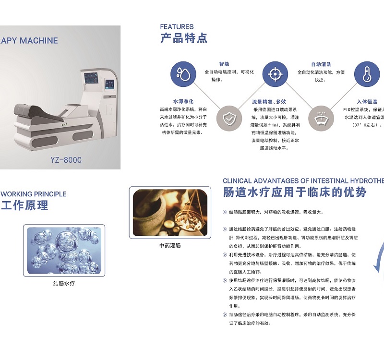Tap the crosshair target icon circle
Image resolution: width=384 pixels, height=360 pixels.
pyautogui.click(x=274, y=74)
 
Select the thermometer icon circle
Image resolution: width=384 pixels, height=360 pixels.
pyautogui.click(x=367, y=74)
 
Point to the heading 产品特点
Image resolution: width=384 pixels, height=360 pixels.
pyautogui.click(x=184, y=38)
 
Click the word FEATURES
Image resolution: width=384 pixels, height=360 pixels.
pyautogui.click(x=177, y=27)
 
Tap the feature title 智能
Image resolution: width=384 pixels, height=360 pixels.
pyautogui.click(x=224, y=64)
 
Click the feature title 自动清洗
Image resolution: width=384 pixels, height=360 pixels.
pyautogui.click(x=321, y=64)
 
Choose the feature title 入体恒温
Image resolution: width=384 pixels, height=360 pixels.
pyautogui.click(x=367, y=102)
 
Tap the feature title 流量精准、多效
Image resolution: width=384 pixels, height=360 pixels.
pyautogui.click(x=269, y=102)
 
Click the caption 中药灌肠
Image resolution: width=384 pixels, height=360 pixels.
pyautogui.click(x=170, y=245)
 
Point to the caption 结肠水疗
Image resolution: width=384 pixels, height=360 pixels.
pyautogui.click(x=64, y=283)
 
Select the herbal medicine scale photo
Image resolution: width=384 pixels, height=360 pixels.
pyautogui.click(x=170, y=212)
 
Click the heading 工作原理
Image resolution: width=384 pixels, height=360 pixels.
pyautogui.click(x=24, y=206)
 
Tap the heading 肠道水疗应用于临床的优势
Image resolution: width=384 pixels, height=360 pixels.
pyautogui.click(x=295, y=192)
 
